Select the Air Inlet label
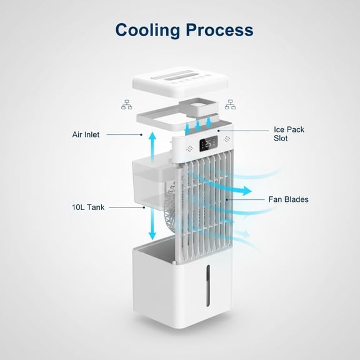pos(86,134)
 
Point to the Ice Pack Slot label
pos(289,134)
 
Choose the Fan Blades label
pos(288,200)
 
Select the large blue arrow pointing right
pos(237,189)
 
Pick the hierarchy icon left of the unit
pos(126,104)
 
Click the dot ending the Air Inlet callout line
pos(142,134)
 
